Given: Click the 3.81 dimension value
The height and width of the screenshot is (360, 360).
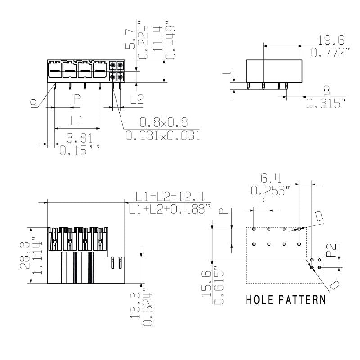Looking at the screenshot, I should click(x=79, y=138).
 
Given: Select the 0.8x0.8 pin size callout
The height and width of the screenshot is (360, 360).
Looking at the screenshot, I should click(x=163, y=122).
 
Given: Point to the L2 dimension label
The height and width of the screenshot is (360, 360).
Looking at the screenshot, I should click(x=134, y=99).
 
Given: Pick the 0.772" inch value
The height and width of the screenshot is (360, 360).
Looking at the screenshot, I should click(x=330, y=53).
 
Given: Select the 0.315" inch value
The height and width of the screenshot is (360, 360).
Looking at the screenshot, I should click(x=326, y=103).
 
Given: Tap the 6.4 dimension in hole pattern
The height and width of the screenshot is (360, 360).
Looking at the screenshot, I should click(x=269, y=178).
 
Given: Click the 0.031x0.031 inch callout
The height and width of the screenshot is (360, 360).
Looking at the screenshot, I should click(x=162, y=135).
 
